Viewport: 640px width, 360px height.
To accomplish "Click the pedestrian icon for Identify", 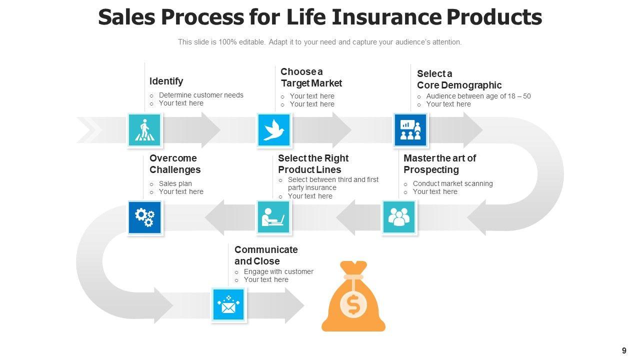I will (144, 130).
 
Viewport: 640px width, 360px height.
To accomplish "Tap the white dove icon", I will (273, 130).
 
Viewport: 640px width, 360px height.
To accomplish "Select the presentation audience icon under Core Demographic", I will (410, 130).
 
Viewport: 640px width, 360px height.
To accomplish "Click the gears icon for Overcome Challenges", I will (144, 217).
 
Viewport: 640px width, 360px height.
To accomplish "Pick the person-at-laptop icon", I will (273, 217).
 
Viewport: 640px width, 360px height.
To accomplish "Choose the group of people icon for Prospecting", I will (398, 217).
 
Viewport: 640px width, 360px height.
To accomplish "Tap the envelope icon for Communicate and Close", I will (228, 305).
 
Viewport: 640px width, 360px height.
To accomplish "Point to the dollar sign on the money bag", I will (353, 305).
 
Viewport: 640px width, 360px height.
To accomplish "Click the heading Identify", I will (166, 81).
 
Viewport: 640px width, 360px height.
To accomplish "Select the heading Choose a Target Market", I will (311, 77).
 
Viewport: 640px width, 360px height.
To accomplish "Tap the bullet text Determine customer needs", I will (201, 95).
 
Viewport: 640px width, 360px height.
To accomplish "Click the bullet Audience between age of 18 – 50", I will (478, 96).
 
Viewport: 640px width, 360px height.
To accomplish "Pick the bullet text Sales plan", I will (175, 183).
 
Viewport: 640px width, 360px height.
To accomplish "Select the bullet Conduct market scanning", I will (452, 183).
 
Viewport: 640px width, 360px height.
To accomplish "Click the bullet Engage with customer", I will (278, 271).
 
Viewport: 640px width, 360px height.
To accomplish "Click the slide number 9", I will (624, 350).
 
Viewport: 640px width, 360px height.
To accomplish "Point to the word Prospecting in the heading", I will (431, 170).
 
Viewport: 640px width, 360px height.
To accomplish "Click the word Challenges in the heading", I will (175, 170).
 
